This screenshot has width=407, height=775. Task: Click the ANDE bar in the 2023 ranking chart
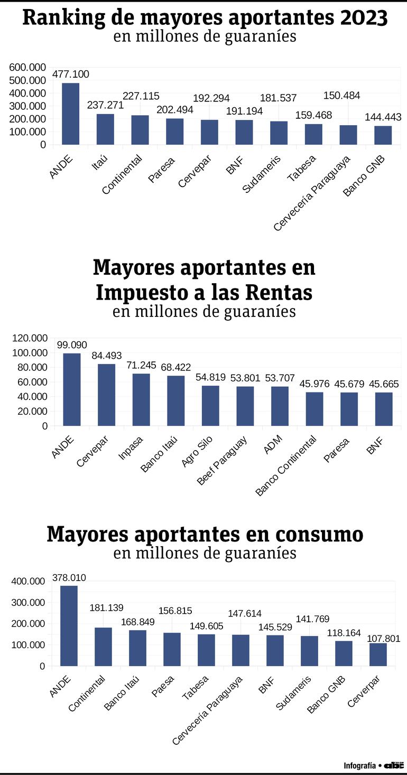[x=70, y=114]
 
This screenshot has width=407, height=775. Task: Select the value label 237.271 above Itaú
[x=105, y=105]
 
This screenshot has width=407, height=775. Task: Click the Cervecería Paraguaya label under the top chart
[x=312, y=193]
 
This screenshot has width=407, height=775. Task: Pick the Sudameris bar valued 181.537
[x=279, y=133]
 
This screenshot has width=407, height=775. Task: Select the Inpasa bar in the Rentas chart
[x=141, y=399]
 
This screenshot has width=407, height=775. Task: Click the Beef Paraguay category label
[x=222, y=460]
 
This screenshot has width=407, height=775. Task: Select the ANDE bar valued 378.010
[x=69, y=625]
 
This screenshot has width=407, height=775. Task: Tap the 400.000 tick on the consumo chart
[x=28, y=582]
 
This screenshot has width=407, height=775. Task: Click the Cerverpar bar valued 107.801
[x=378, y=654]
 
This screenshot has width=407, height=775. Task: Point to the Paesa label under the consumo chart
[x=163, y=686]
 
